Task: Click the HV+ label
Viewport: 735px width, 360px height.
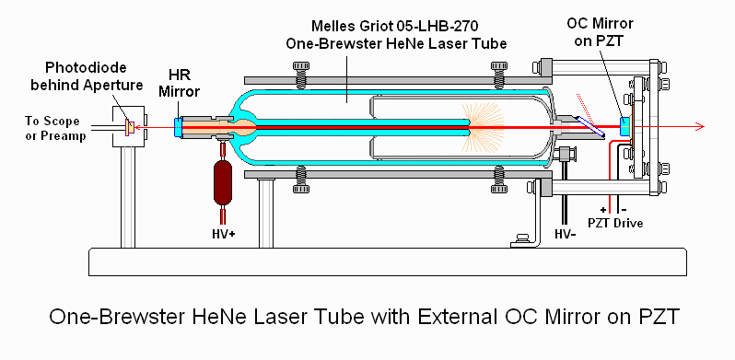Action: pyautogui.click(x=223, y=233)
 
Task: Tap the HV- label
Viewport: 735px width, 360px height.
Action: pyautogui.click(x=565, y=233)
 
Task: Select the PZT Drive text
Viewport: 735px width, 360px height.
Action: pyautogui.click(x=616, y=223)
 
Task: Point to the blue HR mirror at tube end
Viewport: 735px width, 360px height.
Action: pyautogui.click(x=177, y=127)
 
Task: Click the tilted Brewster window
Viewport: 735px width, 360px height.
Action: pyautogui.click(x=590, y=127)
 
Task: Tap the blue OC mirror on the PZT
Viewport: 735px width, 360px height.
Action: pyautogui.click(x=624, y=126)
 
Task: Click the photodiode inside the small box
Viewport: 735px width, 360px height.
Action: pyautogui.click(x=129, y=126)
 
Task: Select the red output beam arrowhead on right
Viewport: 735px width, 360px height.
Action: pyautogui.click(x=699, y=126)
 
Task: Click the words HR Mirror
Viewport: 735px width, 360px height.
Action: pyautogui.click(x=179, y=83)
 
